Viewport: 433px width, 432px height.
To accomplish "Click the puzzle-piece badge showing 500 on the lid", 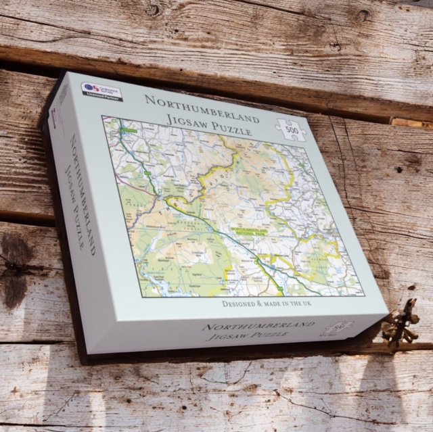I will [291, 129].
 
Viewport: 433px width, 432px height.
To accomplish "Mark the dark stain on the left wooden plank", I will [15, 270].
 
